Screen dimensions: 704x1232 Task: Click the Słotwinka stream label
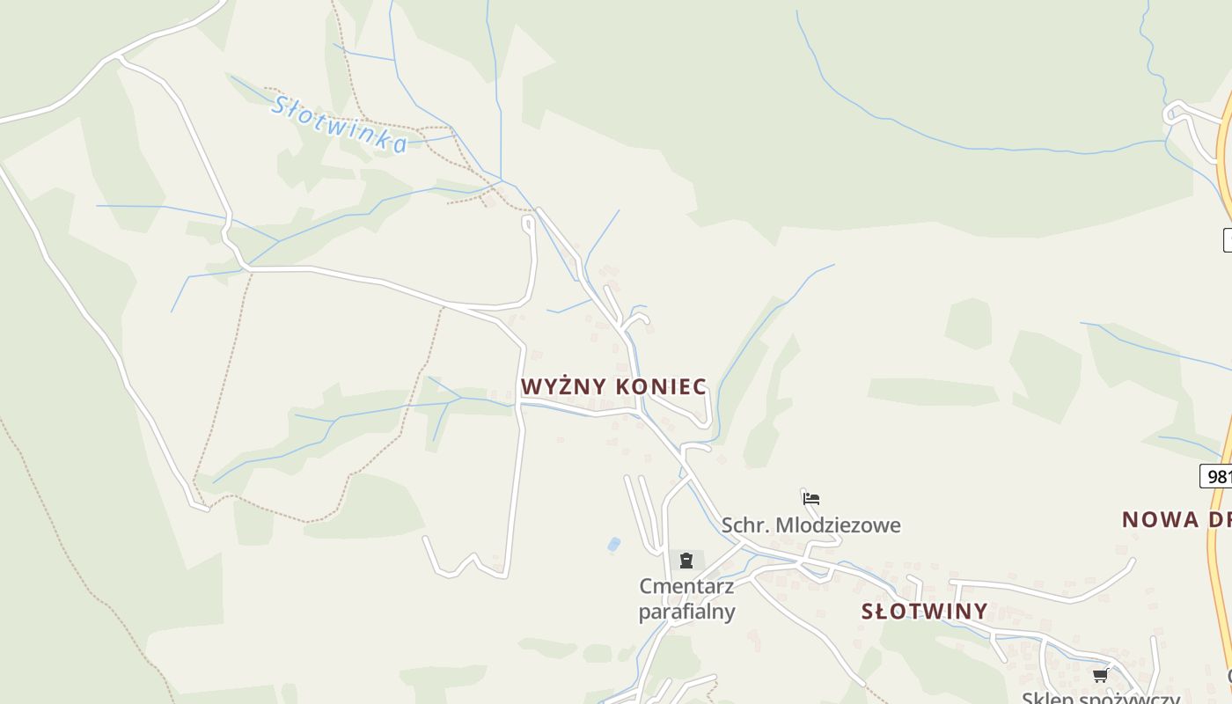[339, 124]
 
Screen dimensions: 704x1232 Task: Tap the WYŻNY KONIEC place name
[613, 386]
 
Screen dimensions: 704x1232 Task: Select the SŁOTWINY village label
[924, 611]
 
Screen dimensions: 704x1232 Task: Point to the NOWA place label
[1160, 519]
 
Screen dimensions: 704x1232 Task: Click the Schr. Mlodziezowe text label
[810, 525]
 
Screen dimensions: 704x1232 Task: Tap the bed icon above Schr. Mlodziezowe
[811, 499]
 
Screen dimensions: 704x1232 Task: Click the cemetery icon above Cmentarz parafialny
[686, 561]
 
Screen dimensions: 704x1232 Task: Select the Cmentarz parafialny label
[686, 598]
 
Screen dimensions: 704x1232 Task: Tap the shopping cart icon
[1100, 676]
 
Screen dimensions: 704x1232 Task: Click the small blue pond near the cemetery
[613, 544]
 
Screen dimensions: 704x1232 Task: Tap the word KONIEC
[661, 386]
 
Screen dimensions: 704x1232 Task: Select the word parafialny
[686, 612]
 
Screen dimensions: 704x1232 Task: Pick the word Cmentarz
[686, 586]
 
